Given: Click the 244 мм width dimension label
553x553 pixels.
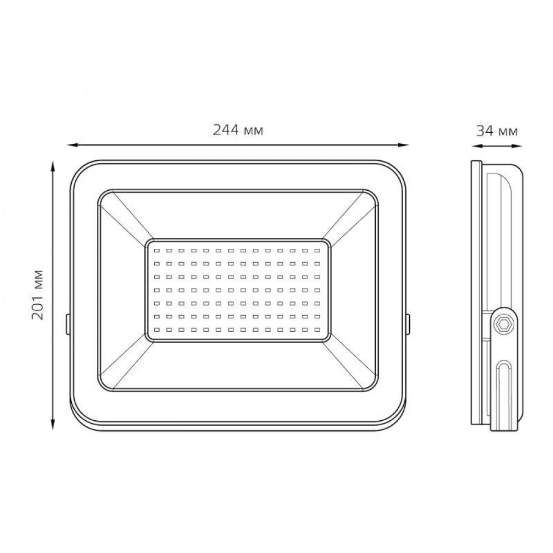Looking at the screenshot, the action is pyautogui.click(x=238, y=130).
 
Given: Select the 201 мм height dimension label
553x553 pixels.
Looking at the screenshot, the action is pyautogui.click(x=38, y=295).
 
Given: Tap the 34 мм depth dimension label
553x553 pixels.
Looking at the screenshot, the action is pyautogui.click(x=497, y=131).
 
